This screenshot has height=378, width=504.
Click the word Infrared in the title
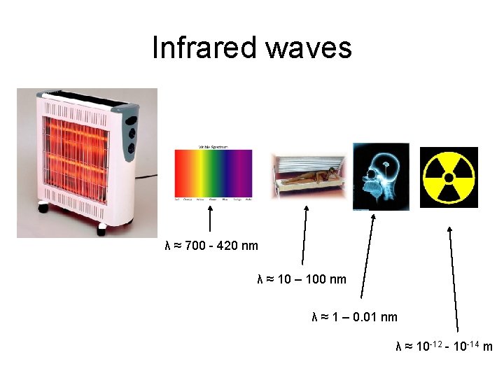click(204, 48)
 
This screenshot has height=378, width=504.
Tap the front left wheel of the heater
click(43, 208)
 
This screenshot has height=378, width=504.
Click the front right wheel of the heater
click(102, 227)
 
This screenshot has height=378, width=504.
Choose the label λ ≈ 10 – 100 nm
click(302, 280)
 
